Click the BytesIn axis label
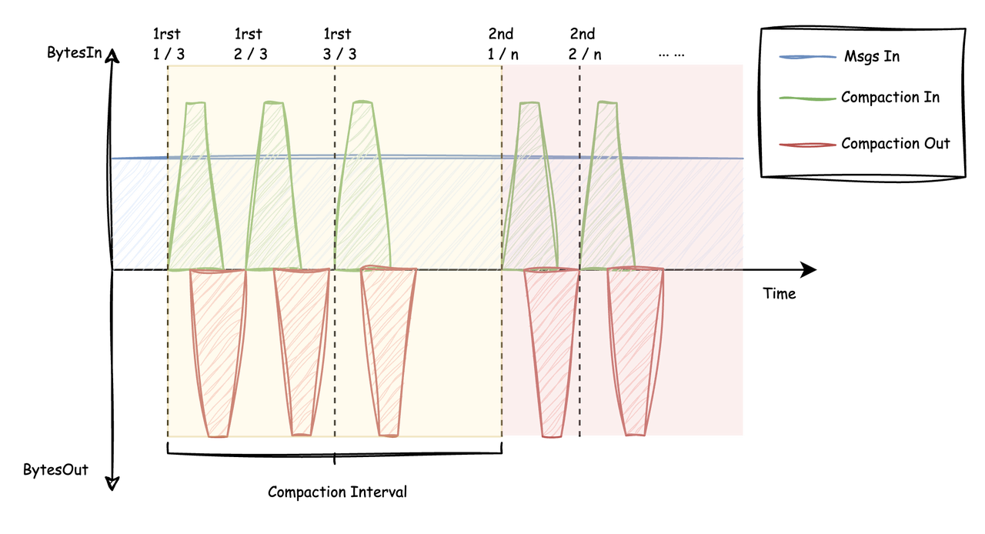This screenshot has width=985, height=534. pyautogui.click(x=75, y=53)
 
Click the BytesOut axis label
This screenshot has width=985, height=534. pyautogui.click(x=56, y=470)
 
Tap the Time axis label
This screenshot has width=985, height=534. pyautogui.click(x=780, y=293)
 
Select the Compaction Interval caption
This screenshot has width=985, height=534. pyautogui.click(x=337, y=492)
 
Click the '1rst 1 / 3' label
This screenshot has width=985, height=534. pyautogui.click(x=169, y=44)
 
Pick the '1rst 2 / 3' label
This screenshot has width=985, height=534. pyautogui.click(x=250, y=44)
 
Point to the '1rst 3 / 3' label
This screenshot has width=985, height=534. pyautogui.click(x=339, y=44)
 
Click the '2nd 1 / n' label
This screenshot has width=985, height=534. pyautogui.click(x=503, y=44)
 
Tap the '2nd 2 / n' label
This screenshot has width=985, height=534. pyautogui.click(x=584, y=44)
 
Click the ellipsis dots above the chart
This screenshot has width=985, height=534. pyautogui.click(x=672, y=55)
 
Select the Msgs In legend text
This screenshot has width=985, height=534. pyautogui.click(x=872, y=56)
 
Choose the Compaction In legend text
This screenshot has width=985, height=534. pyautogui.click(x=890, y=97)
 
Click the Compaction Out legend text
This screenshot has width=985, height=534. pyautogui.click(x=895, y=143)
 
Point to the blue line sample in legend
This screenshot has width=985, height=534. pyautogui.click(x=807, y=57)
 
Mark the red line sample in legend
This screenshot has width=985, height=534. pyautogui.click(x=807, y=145)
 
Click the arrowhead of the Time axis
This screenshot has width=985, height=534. pyautogui.click(x=808, y=269)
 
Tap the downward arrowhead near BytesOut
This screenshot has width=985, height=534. pyautogui.click(x=112, y=484)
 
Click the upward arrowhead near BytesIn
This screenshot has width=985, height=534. pyautogui.click(x=112, y=56)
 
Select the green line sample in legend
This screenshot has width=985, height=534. pyautogui.click(x=807, y=98)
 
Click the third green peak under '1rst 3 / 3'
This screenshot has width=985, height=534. pyautogui.click(x=362, y=185)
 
